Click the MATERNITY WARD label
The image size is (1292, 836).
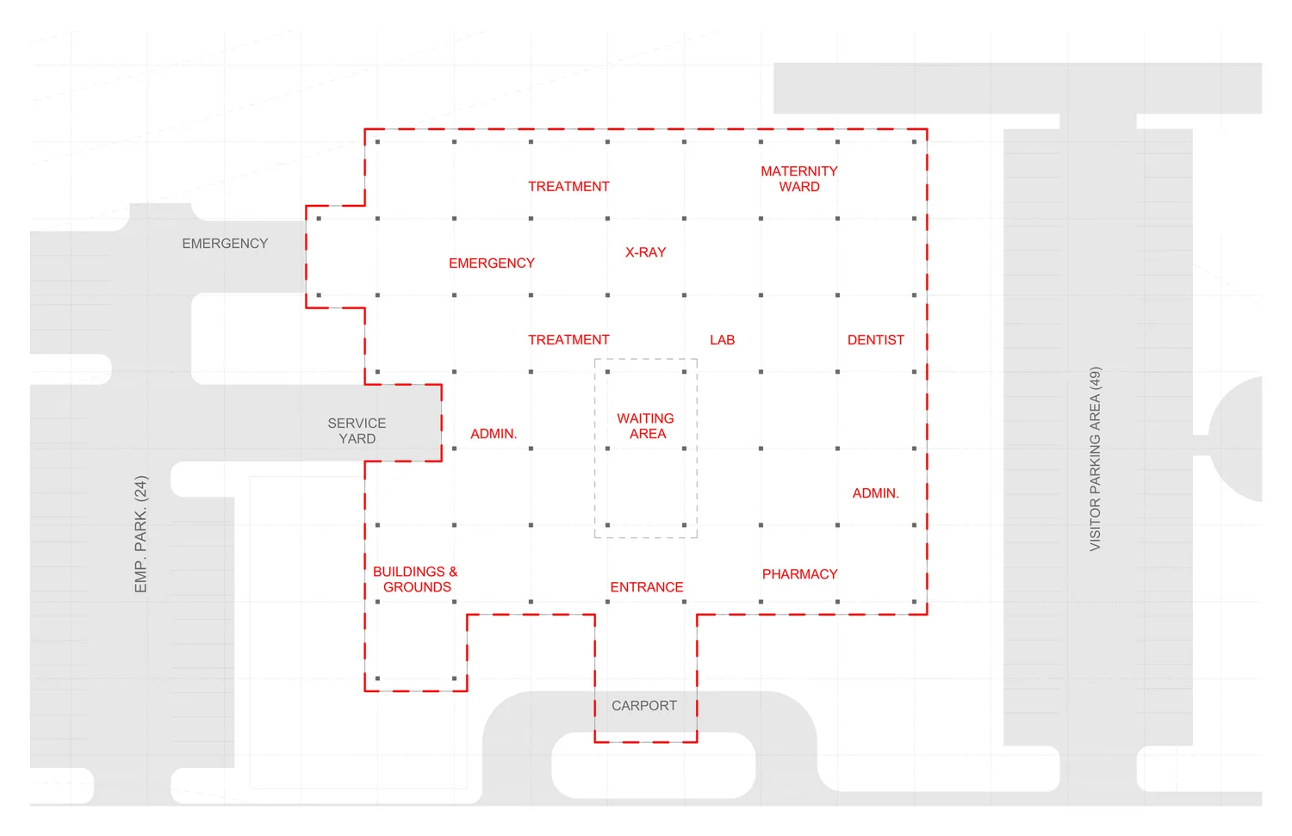tap(798, 179)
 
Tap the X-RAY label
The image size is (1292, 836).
tap(645, 252)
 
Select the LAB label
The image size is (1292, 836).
tap(722, 340)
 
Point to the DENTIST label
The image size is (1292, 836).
tap(875, 340)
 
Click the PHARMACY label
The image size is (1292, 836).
tap(799, 574)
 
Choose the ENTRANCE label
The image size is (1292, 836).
tap(646, 587)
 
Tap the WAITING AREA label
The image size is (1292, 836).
tap(646, 426)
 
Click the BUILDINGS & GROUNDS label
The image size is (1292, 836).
tap(415, 579)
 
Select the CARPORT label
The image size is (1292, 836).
tap(643, 706)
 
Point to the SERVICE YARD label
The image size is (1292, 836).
tap(357, 430)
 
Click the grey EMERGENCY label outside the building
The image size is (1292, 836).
tap(225, 244)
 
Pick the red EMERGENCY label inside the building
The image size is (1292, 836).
tap(491, 263)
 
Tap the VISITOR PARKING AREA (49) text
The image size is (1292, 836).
tap(1095, 459)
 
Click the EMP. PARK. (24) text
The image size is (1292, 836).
tap(141, 534)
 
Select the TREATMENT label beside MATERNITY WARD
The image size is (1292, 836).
tap(568, 187)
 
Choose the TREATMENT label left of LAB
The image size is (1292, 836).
tap(568, 340)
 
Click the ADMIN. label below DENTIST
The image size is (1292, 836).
tap(875, 493)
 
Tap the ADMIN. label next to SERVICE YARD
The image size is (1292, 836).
tap(494, 434)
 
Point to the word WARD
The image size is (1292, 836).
tap(799, 187)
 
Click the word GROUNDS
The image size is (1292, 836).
tap(417, 587)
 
